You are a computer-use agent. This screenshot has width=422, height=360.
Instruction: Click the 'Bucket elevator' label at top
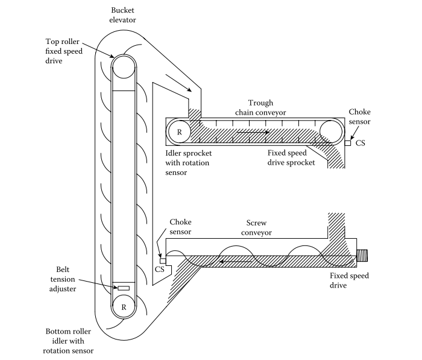(x=124, y=15)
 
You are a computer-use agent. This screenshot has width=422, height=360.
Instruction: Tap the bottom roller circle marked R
(x=124, y=307)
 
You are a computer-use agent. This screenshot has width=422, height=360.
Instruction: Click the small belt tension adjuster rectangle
(x=124, y=288)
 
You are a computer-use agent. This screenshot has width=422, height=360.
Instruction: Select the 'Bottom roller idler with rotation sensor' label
(x=69, y=341)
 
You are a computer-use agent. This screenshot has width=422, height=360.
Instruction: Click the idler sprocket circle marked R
(x=178, y=131)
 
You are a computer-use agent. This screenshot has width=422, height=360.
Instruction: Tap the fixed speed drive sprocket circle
(x=331, y=131)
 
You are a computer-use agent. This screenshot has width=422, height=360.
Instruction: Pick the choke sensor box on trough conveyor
(x=348, y=143)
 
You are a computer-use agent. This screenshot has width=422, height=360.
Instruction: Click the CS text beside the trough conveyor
(x=361, y=144)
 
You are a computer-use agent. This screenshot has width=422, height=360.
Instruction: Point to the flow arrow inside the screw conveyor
(x=231, y=262)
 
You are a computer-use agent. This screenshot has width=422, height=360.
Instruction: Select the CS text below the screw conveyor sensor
(x=159, y=270)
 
